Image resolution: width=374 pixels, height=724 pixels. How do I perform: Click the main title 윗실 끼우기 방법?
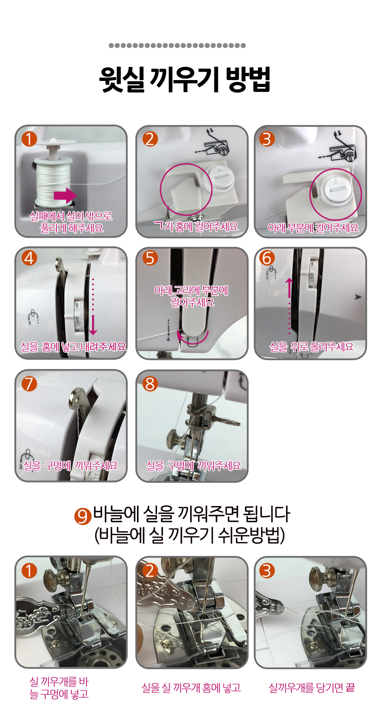pyautogui.click(x=184, y=80)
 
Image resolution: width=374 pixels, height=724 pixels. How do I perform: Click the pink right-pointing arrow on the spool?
pyautogui.click(x=65, y=195)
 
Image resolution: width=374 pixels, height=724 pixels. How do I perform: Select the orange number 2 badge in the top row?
pyautogui.click(x=150, y=139)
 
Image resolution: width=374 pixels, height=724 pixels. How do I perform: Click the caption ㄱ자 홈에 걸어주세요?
pyautogui.click(x=197, y=226)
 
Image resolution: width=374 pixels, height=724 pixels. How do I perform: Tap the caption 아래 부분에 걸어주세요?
pyautogui.click(x=313, y=228)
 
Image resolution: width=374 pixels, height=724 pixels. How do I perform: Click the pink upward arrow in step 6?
pyautogui.click(x=289, y=306)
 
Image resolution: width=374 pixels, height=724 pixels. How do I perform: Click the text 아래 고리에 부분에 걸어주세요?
pyautogui.click(x=191, y=296)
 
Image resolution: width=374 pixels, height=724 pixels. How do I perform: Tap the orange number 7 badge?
pyautogui.click(x=29, y=384)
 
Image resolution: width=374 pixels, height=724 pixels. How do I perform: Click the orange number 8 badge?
pyautogui.click(x=150, y=384)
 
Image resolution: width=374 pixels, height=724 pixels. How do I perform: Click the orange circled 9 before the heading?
pyautogui.click(x=82, y=516)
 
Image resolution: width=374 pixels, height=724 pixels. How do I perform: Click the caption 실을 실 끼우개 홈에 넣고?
pyautogui.click(x=191, y=687)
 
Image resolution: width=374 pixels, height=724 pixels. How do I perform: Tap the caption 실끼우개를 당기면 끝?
pyautogui.click(x=312, y=687)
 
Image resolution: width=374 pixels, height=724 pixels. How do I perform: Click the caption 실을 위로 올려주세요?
pyautogui.click(x=311, y=347)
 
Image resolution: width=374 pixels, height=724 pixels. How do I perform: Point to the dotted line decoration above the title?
pyautogui.click(x=177, y=45)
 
